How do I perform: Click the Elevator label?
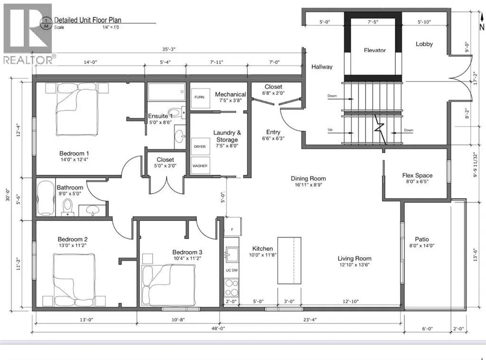[x=375, y=50]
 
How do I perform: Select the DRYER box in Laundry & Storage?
[x=200, y=146]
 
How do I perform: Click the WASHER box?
[x=200, y=166]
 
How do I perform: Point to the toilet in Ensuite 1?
[x=176, y=112]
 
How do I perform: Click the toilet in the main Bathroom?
[x=67, y=207]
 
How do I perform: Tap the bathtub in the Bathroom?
[x=46, y=198]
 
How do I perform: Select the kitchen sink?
[x=232, y=255]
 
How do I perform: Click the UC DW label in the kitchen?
[x=232, y=270]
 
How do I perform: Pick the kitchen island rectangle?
[x=289, y=260]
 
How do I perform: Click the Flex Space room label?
[x=417, y=175]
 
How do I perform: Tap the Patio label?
[x=422, y=239]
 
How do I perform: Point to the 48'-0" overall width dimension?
[x=218, y=328]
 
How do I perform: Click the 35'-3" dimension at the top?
[x=169, y=49]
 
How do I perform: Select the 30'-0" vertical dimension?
[x=8, y=195]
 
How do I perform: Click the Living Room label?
[x=354, y=258]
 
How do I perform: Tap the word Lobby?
[x=424, y=44]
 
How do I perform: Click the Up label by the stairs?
[x=330, y=130]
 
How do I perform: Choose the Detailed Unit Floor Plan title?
[x=88, y=20]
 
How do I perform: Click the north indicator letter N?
[x=482, y=27]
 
